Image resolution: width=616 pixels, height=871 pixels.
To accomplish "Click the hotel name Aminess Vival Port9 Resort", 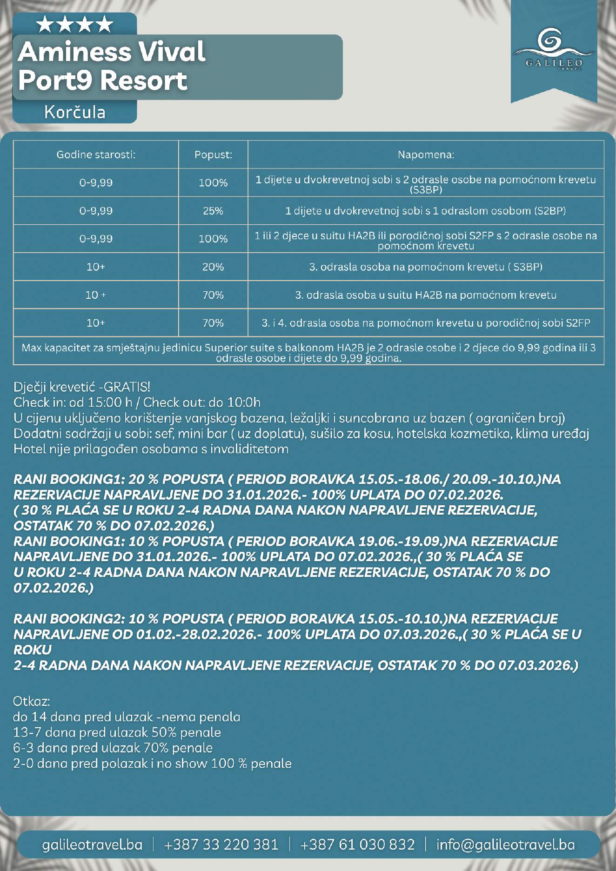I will coord(112,66).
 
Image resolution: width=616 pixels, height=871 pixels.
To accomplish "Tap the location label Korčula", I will coord(74,112).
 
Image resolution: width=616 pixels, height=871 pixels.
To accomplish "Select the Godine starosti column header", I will coord(96,154).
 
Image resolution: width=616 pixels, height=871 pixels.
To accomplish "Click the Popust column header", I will coord(213,154).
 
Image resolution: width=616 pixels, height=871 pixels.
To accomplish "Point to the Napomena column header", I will coord(426,154).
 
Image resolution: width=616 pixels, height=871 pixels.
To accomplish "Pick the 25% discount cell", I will coord(213,211).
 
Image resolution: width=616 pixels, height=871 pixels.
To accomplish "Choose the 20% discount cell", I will coord(213,267).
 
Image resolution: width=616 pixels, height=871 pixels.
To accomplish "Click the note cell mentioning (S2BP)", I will coord(426,211).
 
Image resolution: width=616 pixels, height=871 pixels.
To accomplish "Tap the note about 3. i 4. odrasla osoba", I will coord(426,323).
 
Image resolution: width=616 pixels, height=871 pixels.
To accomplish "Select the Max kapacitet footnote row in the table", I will coord(308,353).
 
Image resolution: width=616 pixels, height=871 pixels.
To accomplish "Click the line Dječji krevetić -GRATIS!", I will coord(82,387).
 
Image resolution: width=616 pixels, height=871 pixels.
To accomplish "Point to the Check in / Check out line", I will coord(137,402).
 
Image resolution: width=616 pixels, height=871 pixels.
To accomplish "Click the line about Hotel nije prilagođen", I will coord(151,449).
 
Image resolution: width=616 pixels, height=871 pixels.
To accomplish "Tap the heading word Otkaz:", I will coord(31,701).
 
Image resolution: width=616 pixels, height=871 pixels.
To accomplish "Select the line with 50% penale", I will coord(117,732).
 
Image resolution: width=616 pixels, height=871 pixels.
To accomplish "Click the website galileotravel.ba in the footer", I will coord(92,844).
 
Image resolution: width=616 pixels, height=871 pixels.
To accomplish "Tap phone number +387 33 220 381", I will coord(221,844).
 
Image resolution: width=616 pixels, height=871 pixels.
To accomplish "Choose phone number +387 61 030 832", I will coord(357,844).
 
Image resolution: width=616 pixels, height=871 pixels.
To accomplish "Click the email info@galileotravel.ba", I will coord(505,844).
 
